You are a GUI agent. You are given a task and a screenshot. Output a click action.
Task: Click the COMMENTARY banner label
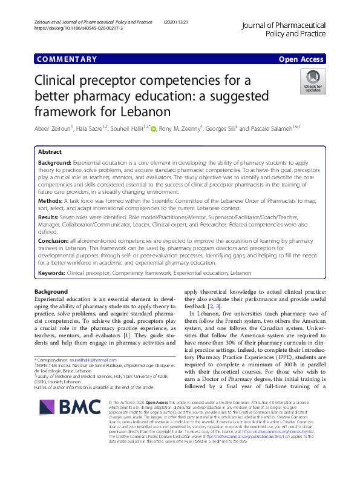[67, 59]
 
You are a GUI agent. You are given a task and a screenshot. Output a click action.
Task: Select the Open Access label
[302, 59]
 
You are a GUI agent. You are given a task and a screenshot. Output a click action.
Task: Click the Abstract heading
[50, 152]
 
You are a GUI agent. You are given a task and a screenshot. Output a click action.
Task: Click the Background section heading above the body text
[51, 291]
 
